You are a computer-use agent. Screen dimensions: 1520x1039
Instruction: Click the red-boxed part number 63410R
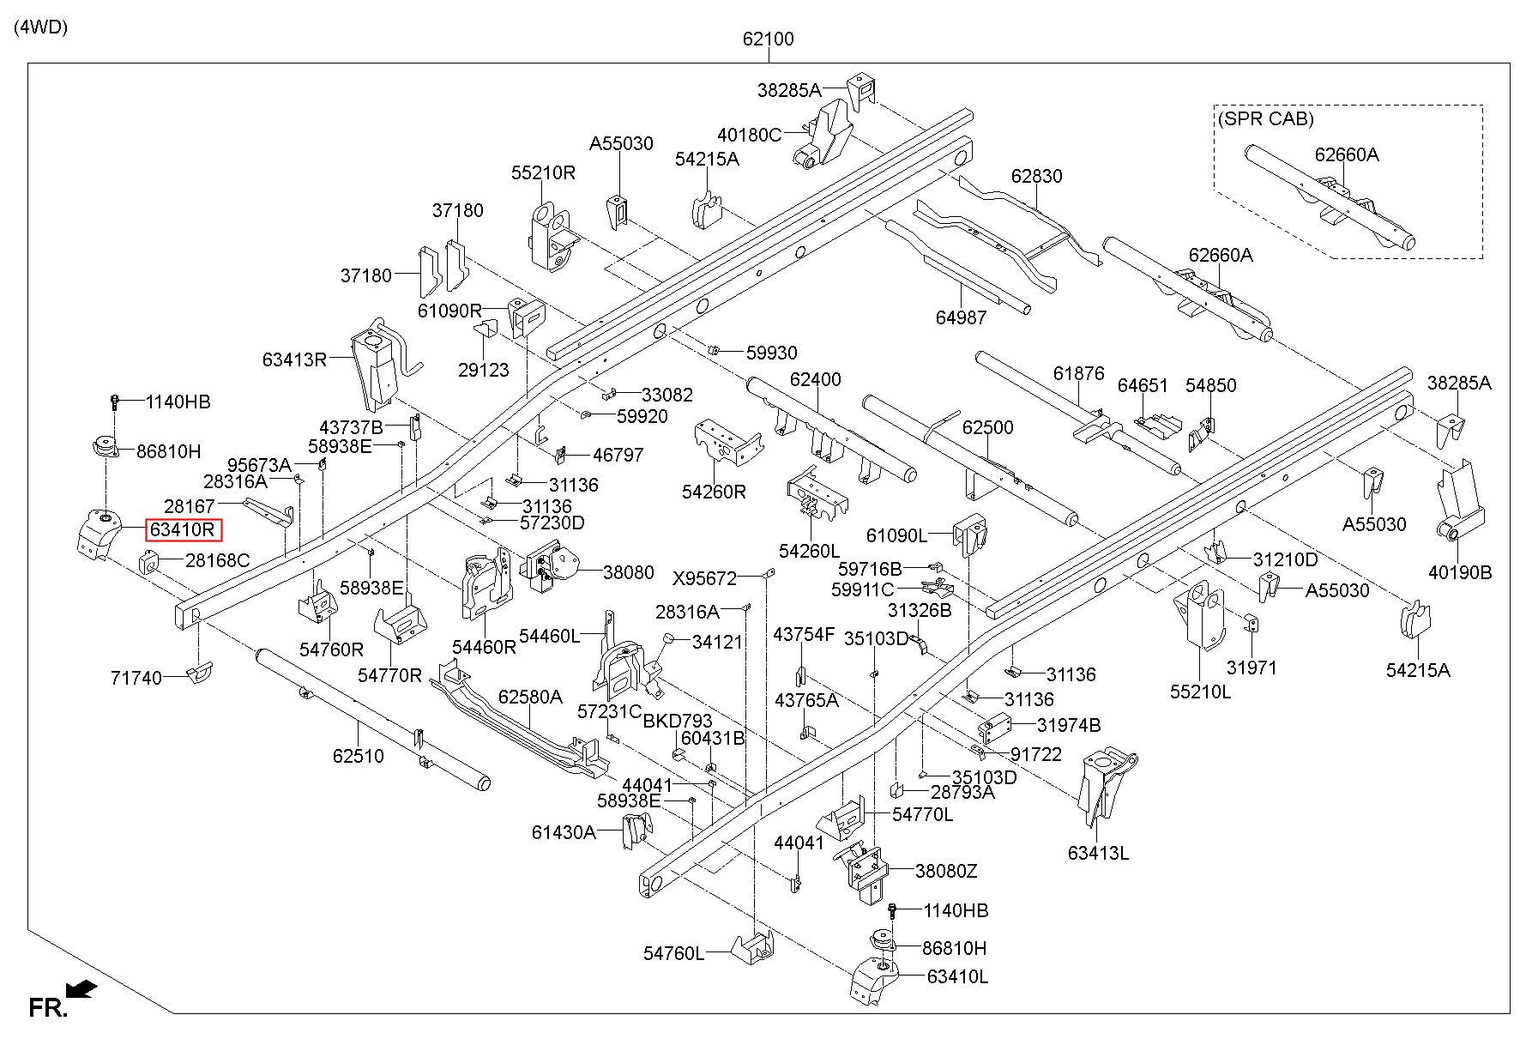click(183, 530)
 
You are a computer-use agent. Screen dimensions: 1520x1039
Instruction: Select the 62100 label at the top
click(769, 39)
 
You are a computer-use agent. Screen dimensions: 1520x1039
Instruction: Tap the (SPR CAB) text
click(1265, 119)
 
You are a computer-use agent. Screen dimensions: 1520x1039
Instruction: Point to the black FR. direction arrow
click(81, 990)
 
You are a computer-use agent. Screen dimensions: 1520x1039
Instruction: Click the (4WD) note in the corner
click(40, 27)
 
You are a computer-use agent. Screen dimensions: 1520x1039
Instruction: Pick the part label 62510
click(359, 756)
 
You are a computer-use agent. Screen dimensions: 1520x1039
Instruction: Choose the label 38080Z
click(946, 871)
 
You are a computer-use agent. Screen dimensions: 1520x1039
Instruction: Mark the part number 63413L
click(1099, 853)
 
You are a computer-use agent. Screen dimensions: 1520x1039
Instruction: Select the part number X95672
click(704, 579)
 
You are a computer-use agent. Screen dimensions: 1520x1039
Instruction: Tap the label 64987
click(961, 317)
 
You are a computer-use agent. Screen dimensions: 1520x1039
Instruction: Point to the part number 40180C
click(750, 135)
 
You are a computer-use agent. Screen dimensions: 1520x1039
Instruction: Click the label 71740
click(136, 678)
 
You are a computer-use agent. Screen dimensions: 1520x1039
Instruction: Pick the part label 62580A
click(530, 697)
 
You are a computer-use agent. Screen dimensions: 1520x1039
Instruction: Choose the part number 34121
click(717, 642)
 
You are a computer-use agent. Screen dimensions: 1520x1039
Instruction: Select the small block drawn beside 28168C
click(151, 563)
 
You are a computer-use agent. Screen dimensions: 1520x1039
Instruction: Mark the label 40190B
click(1460, 571)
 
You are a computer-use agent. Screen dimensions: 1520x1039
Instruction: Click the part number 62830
click(1036, 176)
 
